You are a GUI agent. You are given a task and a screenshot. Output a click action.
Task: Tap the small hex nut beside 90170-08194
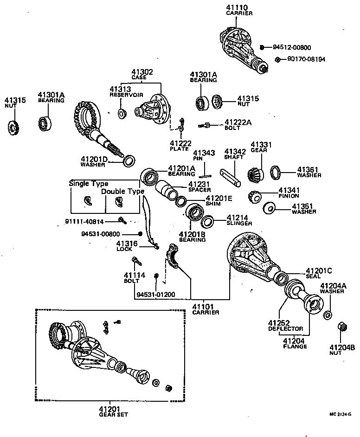coord(277,59)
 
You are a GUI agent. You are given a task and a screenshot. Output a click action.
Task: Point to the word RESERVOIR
coord(124,95)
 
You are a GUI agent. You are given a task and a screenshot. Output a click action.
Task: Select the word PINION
coord(289,196)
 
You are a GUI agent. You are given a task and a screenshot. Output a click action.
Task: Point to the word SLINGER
coord(239,223)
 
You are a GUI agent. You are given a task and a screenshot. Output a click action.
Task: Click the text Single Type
coord(88,183)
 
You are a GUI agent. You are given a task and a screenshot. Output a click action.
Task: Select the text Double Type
coord(122,191)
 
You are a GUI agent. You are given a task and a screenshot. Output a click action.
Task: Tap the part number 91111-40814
coord(84,222)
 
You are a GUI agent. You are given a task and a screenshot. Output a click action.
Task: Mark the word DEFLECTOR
coord(285,328)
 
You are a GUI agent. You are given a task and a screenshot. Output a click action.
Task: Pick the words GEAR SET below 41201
coord(113,414)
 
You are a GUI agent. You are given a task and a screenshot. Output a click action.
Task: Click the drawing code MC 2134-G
coord(341,414)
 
